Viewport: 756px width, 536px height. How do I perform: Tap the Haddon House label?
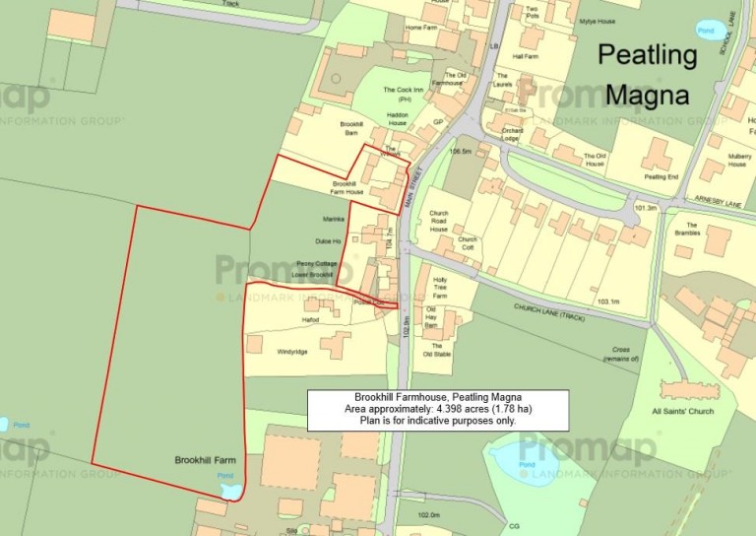pos(398,119)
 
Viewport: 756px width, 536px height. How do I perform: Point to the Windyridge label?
pos(292,352)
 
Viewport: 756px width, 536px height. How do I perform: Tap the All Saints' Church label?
pos(683,411)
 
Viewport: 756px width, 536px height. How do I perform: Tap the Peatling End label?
pos(661,176)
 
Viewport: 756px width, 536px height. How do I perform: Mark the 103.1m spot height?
pos(609,301)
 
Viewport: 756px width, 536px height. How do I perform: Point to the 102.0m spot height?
pos(429,515)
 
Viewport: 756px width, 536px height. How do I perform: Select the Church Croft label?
pos(468,243)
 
